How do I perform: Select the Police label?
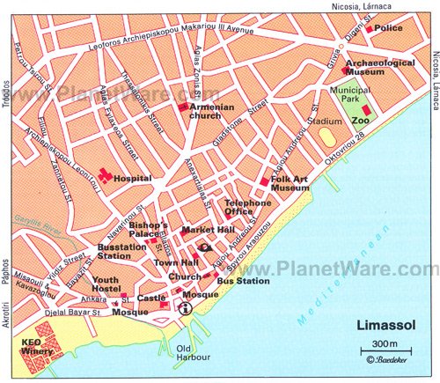tap(388, 28)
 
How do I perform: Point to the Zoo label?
tap(359, 120)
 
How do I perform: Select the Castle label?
tap(152, 299)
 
